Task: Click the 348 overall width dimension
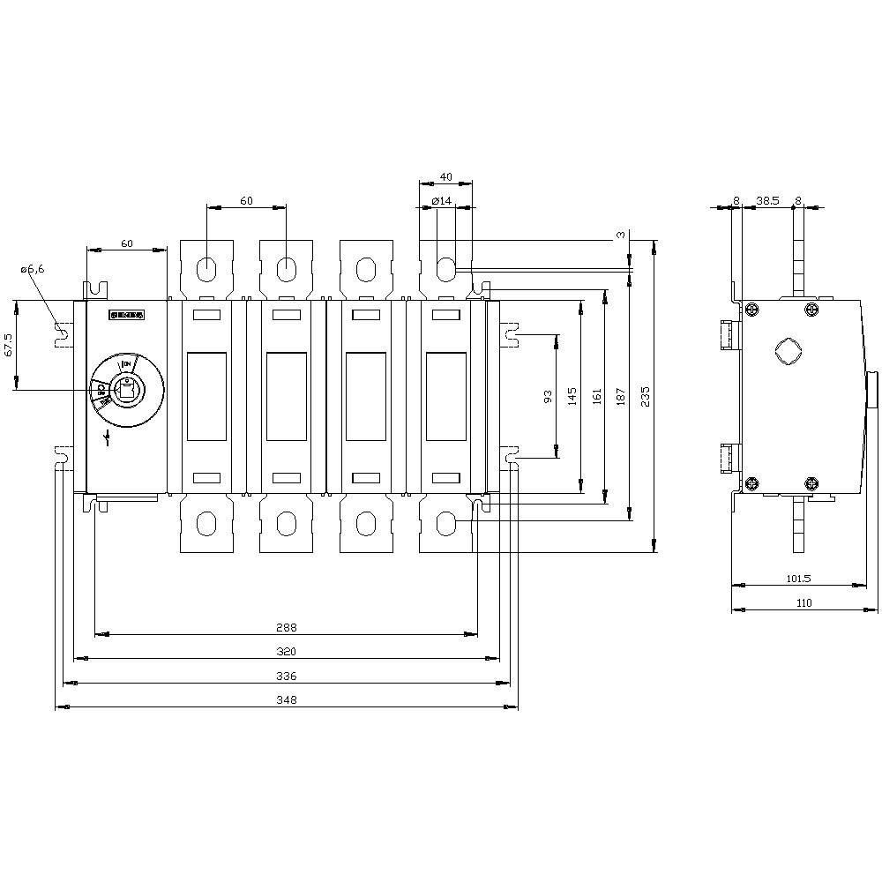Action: tap(286, 700)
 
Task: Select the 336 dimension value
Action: tap(286, 676)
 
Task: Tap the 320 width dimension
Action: tap(286, 652)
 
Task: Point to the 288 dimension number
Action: tap(286, 628)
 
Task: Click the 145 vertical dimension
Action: tap(573, 395)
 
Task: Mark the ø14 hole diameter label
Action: tap(442, 202)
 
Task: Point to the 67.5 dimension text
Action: tap(9, 345)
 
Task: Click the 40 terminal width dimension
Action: tap(445, 177)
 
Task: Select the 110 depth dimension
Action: tap(804, 603)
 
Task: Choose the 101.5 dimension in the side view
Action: tap(797, 579)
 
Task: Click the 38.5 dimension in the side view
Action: tap(767, 201)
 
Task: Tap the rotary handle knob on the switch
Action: tap(125, 388)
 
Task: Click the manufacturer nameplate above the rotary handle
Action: tap(124, 314)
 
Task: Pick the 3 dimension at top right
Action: tap(621, 235)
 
